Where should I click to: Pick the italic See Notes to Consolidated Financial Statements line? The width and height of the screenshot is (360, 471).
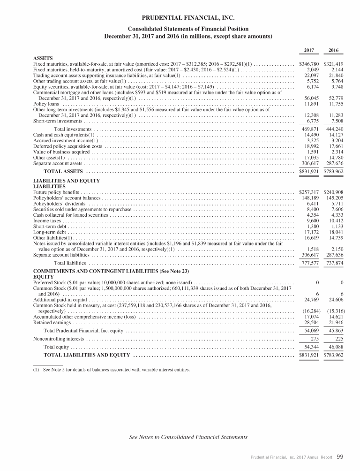[x=188, y=437]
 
